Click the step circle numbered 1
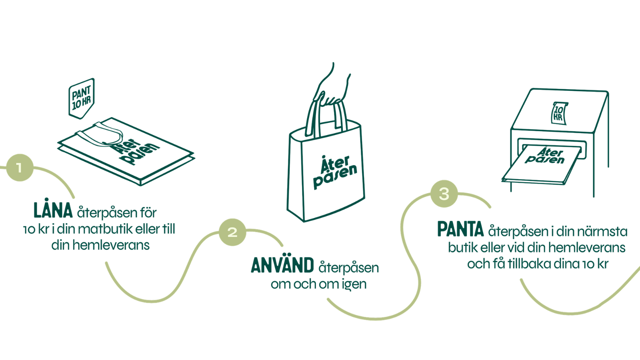19,167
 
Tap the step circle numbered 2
232,232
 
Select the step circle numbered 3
444,194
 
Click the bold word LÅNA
53,210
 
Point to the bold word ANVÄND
282,266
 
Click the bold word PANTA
460,230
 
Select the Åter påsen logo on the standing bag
335,171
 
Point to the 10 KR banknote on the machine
559,112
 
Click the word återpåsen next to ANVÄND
348,268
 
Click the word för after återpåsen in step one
148,212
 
